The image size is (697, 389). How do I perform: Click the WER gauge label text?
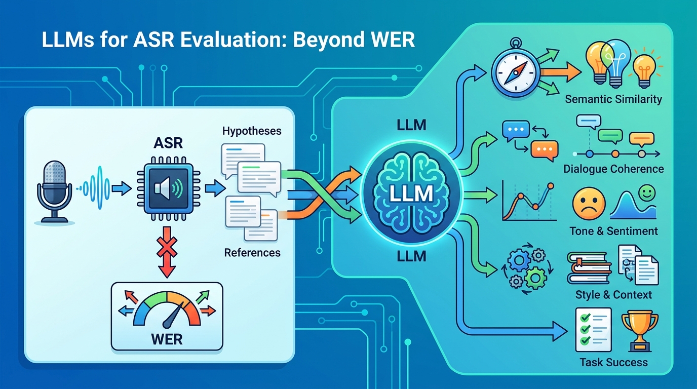coord(167,338)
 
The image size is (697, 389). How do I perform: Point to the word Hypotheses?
coord(252,131)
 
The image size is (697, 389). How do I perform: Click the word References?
coord(252,252)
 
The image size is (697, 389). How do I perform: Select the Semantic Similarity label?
coord(613,99)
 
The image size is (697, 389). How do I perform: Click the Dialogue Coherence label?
coord(613,169)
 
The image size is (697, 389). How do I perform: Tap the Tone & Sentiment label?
coord(613,231)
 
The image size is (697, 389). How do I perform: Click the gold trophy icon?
coord(639,329)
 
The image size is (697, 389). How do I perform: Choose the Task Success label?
coord(613,362)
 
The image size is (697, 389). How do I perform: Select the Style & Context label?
coord(613,294)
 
